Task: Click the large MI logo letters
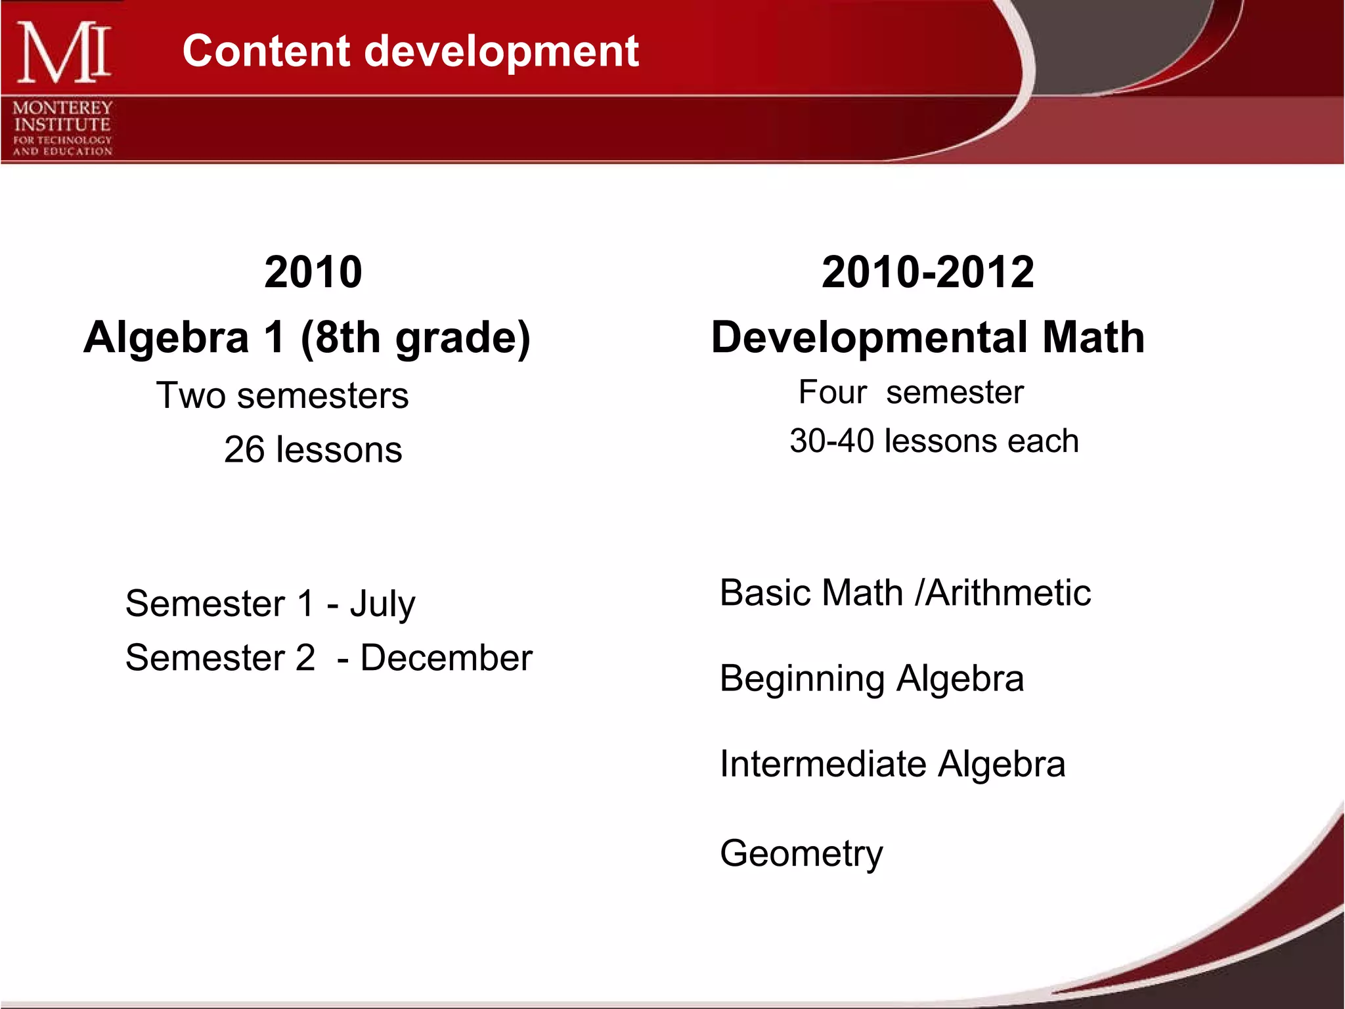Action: click(64, 53)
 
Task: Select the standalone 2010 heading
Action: click(313, 272)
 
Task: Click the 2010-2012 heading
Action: click(927, 272)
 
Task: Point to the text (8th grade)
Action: click(416, 338)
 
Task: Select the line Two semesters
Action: click(282, 395)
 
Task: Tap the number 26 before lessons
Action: click(244, 450)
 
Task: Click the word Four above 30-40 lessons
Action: click(833, 393)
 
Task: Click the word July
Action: click(382, 604)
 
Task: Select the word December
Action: click(447, 658)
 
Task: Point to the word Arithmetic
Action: click(1008, 593)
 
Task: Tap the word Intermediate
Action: click(823, 764)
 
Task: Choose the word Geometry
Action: click(801, 854)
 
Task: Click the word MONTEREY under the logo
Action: click(63, 108)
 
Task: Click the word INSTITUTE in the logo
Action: click(62, 124)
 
